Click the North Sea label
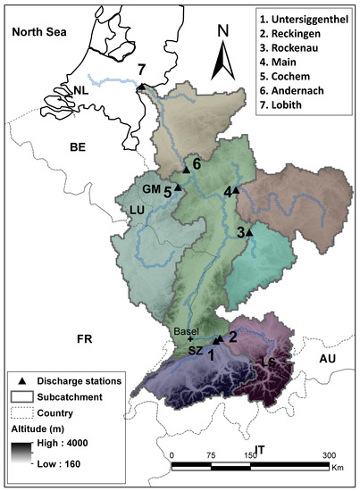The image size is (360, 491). (x=39, y=32)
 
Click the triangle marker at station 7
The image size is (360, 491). (x=141, y=87)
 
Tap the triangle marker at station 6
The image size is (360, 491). (x=186, y=169)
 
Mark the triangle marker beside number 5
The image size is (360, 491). (x=178, y=187)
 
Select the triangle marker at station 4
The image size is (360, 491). (x=236, y=190)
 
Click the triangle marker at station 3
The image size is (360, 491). (x=249, y=233)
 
